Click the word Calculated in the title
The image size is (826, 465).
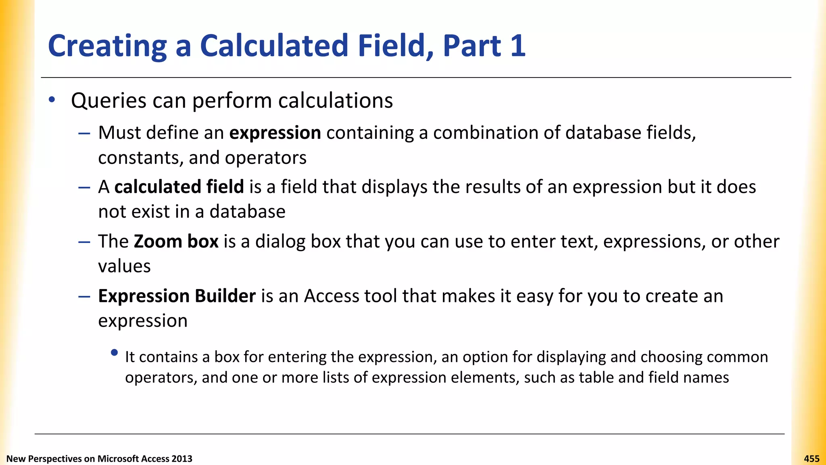[x=274, y=46]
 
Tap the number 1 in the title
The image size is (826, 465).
[x=517, y=46]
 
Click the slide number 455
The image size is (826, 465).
[x=811, y=459]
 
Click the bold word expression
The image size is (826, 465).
[x=275, y=133]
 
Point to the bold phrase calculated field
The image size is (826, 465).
[x=179, y=187]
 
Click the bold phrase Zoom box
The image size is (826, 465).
[x=176, y=241]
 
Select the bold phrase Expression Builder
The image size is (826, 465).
[x=177, y=296]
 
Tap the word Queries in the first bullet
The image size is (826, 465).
[x=108, y=101]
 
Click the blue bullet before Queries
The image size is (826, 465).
[x=52, y=100]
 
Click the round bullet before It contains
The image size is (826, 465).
[x=114, y=353]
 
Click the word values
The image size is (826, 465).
[x=124, y=266]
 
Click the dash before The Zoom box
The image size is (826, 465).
[x=84, y=242]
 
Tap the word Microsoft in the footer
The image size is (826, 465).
[x=118, y=459]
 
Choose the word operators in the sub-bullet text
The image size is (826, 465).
[x=161, y=378]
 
